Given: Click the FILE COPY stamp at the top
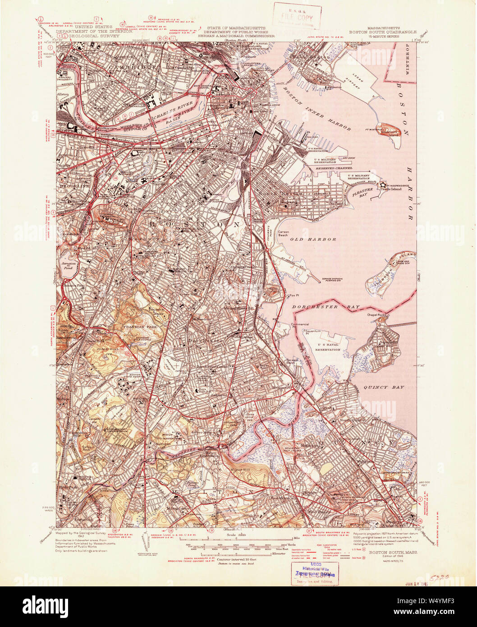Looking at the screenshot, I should [297, 17].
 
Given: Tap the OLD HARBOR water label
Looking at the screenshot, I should [313, 239].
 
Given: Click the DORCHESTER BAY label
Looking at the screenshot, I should [326, 307].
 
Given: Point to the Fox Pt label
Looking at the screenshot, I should [294, 295].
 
